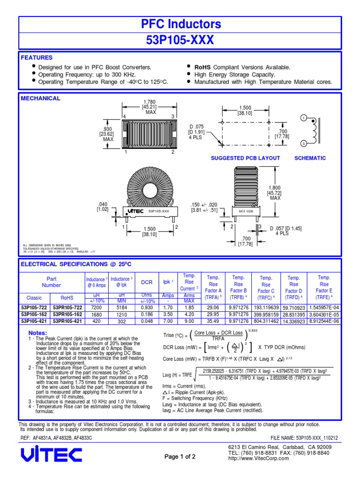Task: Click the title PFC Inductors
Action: coord(180,24)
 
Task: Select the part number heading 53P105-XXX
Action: coord(180,40)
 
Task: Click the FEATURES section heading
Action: coord(37,58)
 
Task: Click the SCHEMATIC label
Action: coord(310,158)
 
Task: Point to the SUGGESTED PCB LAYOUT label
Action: coord(246,158)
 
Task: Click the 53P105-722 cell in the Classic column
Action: coord(34,307)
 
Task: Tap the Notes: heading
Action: coord(38,333)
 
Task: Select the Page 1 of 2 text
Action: coord(180,457)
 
